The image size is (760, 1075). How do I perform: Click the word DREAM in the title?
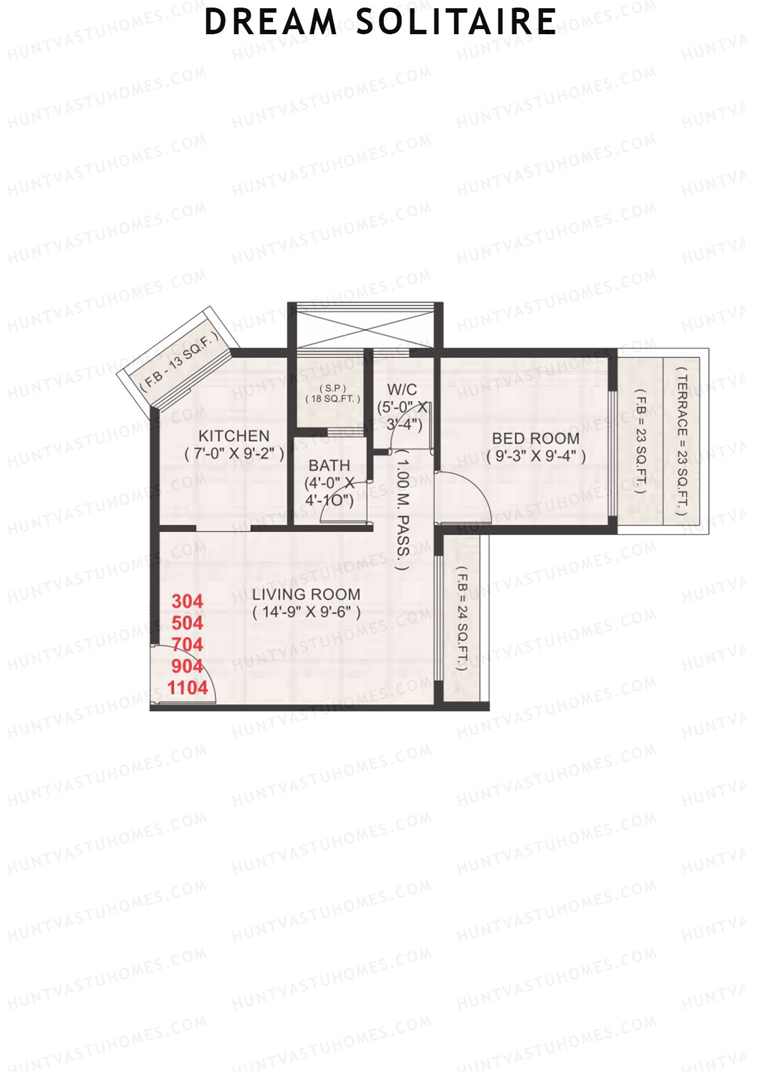[x=270, y=22]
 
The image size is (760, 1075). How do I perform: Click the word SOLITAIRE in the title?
[x=456, y=22]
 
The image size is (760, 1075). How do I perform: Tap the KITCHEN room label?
[x=234, y=436]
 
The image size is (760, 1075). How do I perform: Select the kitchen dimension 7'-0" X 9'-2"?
[x=234, y=454]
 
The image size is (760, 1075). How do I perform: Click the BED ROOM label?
[x=535, y=438]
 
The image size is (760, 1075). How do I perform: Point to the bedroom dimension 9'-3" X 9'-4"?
[x=536, y=456]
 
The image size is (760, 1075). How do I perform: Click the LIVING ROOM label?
[x=306, y=594]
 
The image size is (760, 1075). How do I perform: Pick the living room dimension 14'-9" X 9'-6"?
[x=306, y=613]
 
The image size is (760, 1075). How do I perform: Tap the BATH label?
[x=329, y=466]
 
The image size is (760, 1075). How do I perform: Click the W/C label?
[x=402, y=389]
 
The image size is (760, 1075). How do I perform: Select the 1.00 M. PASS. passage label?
[x=403, y=511]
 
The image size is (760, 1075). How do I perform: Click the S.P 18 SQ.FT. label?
[x=332, y=393]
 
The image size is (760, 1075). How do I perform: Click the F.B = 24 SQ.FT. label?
[x=462, y=618]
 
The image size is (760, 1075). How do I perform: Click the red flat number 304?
[x=187, y=601]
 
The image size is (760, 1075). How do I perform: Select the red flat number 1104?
[x=187, y=687]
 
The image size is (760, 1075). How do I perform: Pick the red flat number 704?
[x=187, y=644]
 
